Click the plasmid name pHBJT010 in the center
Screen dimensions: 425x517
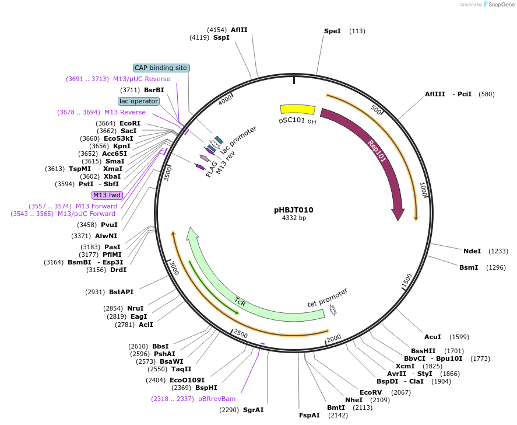[x=294, y=210]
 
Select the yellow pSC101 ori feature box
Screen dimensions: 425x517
[x=297, y=109]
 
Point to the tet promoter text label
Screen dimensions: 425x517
[x=328, y=297]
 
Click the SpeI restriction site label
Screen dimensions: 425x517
[x=332, y=31]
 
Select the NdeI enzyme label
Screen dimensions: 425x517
[x=472, y=251]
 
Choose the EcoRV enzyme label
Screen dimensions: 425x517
[x=371, y=392]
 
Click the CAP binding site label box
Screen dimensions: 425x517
[x=161, y=68]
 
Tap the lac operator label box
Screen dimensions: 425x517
[x=139, y=101]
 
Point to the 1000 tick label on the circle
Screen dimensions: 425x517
[x=424, y=189]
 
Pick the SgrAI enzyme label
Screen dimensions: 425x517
[x=253, y=410]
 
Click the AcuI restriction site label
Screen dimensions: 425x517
[x=432, y=337]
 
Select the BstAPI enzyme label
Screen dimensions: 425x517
[x=121, y=292]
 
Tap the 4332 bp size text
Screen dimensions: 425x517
[x=294, y=218]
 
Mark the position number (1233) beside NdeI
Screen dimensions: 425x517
[x=498, y=251]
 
